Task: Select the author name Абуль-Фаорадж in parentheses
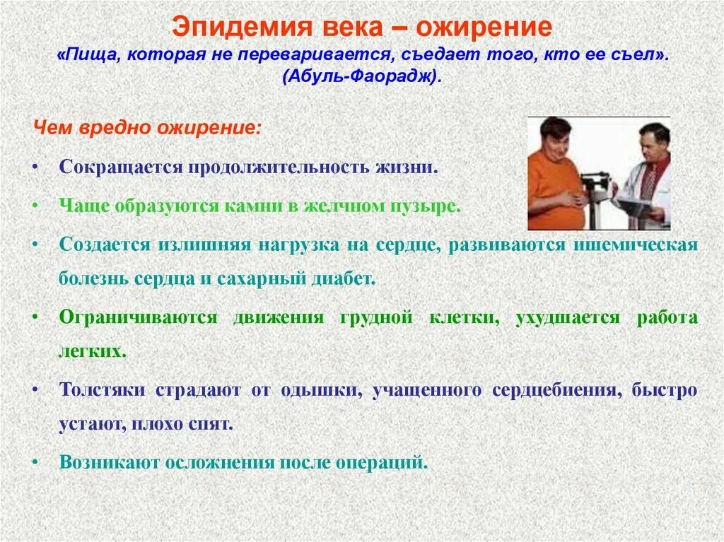[x=362, y=76]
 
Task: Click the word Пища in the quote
[x=88, y=55]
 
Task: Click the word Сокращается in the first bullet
[x=121, y=168]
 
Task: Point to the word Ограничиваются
[x=138, y=317]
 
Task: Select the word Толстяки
[x=103, y=390]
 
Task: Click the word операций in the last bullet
[x=392, y=463]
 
